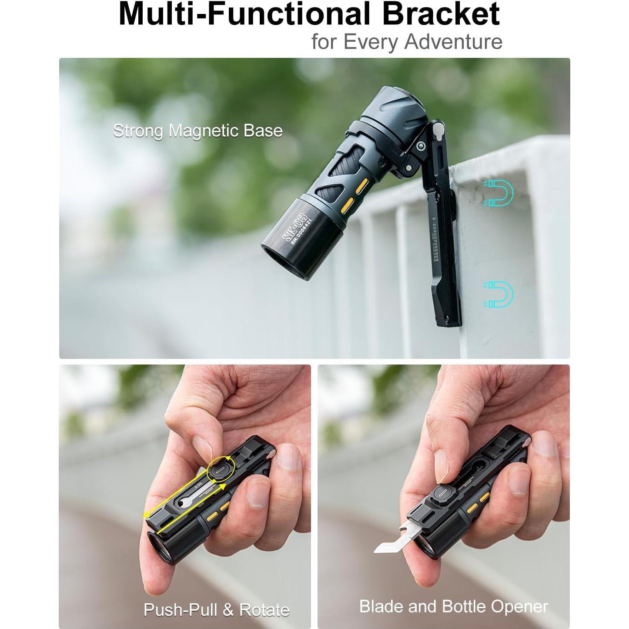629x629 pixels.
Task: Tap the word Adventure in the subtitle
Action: click(453, 42)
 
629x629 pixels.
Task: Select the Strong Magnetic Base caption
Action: click(198, 130)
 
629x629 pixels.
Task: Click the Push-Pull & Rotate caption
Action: click(217, 609)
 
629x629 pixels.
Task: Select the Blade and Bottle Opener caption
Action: click(453, 606)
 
